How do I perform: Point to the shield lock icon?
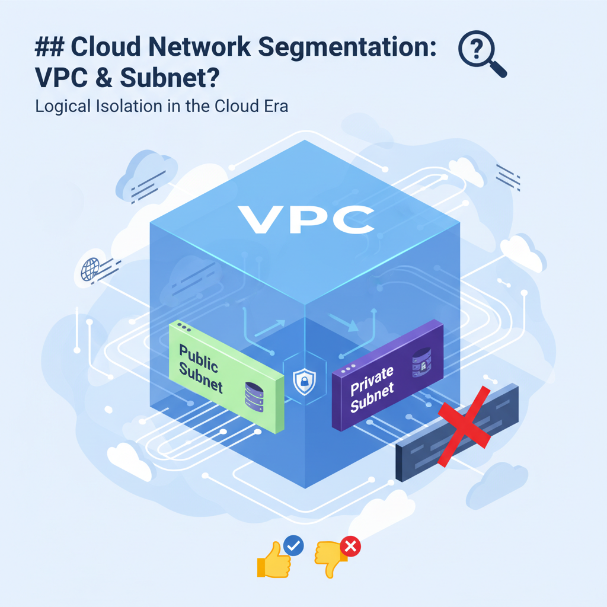pos(303,380)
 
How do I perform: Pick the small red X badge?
pos(350,546)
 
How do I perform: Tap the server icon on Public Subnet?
pos(254,397)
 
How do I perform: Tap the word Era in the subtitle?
pos(273,107)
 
